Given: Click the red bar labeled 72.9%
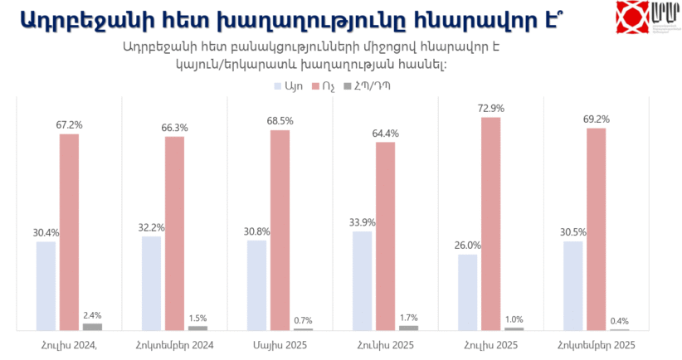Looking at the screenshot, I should tap(491, 224).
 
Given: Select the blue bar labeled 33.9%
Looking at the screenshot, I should tap(363, 281).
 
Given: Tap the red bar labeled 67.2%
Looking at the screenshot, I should tap(69, 232).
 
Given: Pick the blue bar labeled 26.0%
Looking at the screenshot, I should tap(468, 293).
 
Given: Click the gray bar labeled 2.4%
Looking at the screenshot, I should tap(92, 327).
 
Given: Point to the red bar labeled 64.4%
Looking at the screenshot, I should tap(386, 236).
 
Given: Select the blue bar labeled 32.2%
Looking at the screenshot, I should tap(151, 284).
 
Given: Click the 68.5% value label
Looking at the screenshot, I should tap(280, 121).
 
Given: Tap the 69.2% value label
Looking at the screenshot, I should tap(597, 119).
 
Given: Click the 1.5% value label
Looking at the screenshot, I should tap(197, 318).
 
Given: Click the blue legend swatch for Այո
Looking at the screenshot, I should tap(277, 85).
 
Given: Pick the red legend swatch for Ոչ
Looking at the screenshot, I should tap(314, 85).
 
